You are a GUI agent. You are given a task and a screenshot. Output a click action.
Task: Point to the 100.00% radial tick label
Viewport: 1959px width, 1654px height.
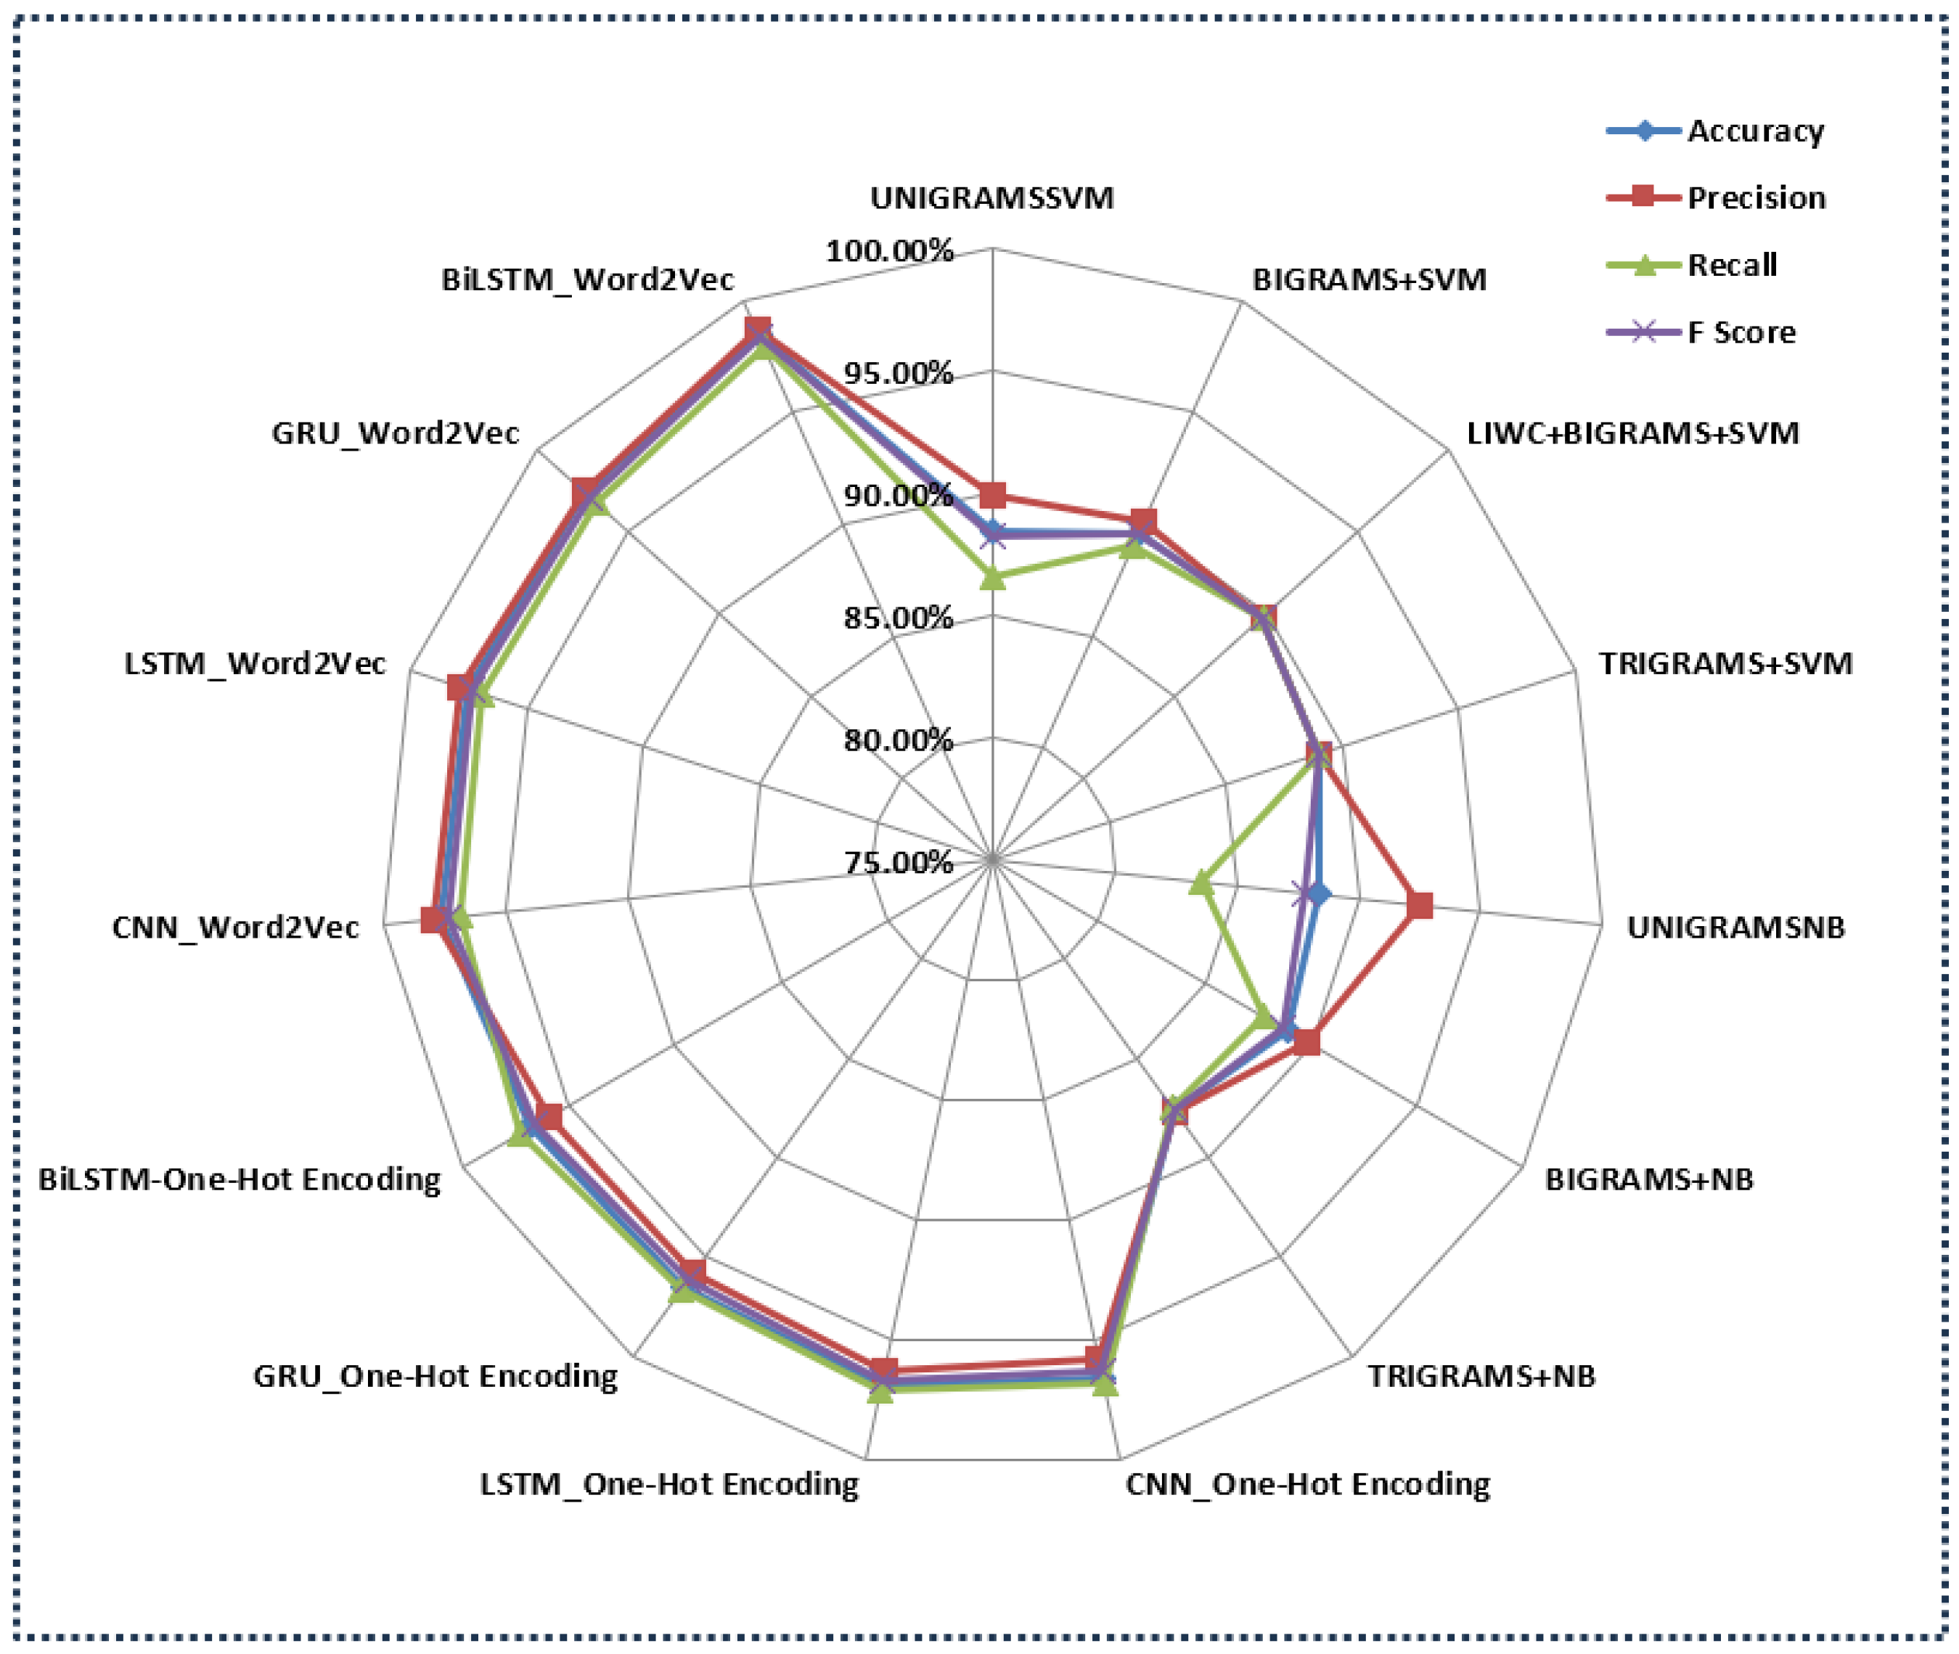(x=889, y=251)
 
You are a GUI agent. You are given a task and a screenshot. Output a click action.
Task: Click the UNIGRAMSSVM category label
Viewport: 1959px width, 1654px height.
(x=991, y=199)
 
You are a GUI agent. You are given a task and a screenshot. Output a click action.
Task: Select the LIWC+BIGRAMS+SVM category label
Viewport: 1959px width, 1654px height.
(x=1632, y=433)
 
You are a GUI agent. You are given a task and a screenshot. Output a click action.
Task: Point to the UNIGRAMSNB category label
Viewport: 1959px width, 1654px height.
(x=1735, y=928)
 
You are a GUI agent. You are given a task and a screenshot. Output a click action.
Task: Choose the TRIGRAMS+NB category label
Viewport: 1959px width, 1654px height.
(x=1481, y=1375)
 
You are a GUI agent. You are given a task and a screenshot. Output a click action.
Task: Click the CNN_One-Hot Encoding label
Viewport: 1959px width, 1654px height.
(x=1307, y=1484)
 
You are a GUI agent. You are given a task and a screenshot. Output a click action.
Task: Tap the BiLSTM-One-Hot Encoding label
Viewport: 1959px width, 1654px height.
(x=239, y=1179)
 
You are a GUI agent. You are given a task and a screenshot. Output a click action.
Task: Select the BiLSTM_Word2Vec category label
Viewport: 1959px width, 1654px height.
(x=587, y=279)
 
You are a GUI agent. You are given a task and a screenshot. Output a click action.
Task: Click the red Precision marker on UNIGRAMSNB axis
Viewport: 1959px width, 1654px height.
(x=1420, y=906)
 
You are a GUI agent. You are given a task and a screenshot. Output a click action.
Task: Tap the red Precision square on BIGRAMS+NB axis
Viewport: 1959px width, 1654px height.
(x=1306, y=1041)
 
